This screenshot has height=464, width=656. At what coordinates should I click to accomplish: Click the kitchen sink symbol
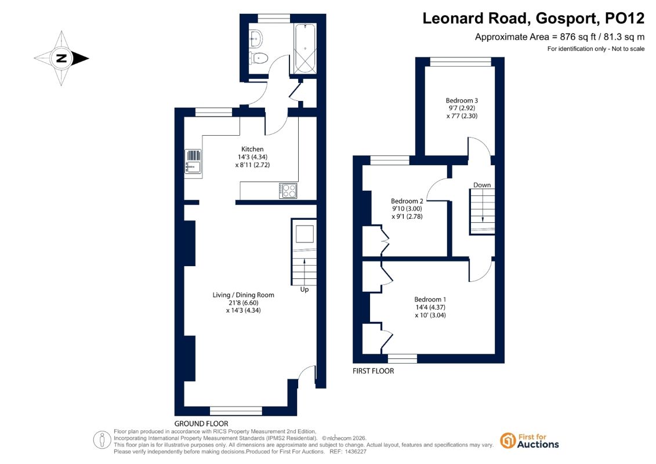(x=193, y=161)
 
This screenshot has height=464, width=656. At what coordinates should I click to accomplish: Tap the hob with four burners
(x=288, y=191)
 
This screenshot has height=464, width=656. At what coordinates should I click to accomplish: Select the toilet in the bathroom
(x=259, y=58)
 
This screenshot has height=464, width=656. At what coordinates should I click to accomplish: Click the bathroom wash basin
(x=256, y=38)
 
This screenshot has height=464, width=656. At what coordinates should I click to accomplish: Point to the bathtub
(x=305, y=49)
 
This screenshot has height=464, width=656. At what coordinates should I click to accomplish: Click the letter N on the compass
(x=61, y=58)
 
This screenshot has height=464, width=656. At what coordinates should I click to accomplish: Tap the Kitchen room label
(x=252, y=149)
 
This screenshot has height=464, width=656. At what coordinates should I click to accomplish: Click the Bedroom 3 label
(x=462, y=100)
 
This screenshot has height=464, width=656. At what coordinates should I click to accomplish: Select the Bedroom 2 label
(x=407, y=201)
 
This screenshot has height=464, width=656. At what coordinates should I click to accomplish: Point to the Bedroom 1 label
(x=430, y=300)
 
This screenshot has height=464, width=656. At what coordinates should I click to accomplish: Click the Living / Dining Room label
(x=243, y=295)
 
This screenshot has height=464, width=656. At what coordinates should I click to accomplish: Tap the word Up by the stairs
(x=304, y=289)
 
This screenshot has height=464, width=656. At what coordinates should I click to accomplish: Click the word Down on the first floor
(x=482, y=185)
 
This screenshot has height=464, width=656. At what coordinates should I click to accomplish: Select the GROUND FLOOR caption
(x=201, y=423)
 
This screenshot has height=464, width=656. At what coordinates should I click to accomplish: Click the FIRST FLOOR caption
(x=373, y=371)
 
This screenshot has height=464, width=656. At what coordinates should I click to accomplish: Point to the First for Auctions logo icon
(x=508, y=441)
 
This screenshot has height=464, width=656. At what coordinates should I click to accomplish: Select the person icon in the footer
(x=102, y=440)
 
